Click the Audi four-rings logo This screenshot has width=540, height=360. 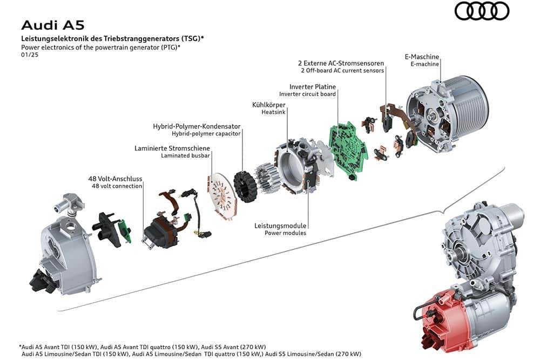482,11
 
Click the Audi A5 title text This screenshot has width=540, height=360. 52,25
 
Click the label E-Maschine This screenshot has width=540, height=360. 422,57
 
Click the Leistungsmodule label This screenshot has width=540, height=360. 280,226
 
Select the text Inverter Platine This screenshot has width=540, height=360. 313,86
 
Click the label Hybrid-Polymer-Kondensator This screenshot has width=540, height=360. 197,126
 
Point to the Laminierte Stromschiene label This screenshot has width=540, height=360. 172,148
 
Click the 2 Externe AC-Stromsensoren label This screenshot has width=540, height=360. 341,63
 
